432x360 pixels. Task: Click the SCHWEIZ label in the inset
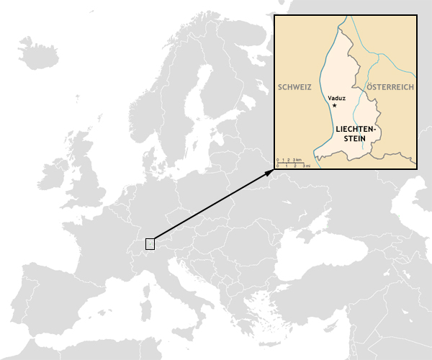coord(294,87)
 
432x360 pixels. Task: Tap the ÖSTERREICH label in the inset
coord(390,87)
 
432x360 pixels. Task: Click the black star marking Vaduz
coord(335,105)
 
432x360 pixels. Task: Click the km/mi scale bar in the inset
coord(294,162)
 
